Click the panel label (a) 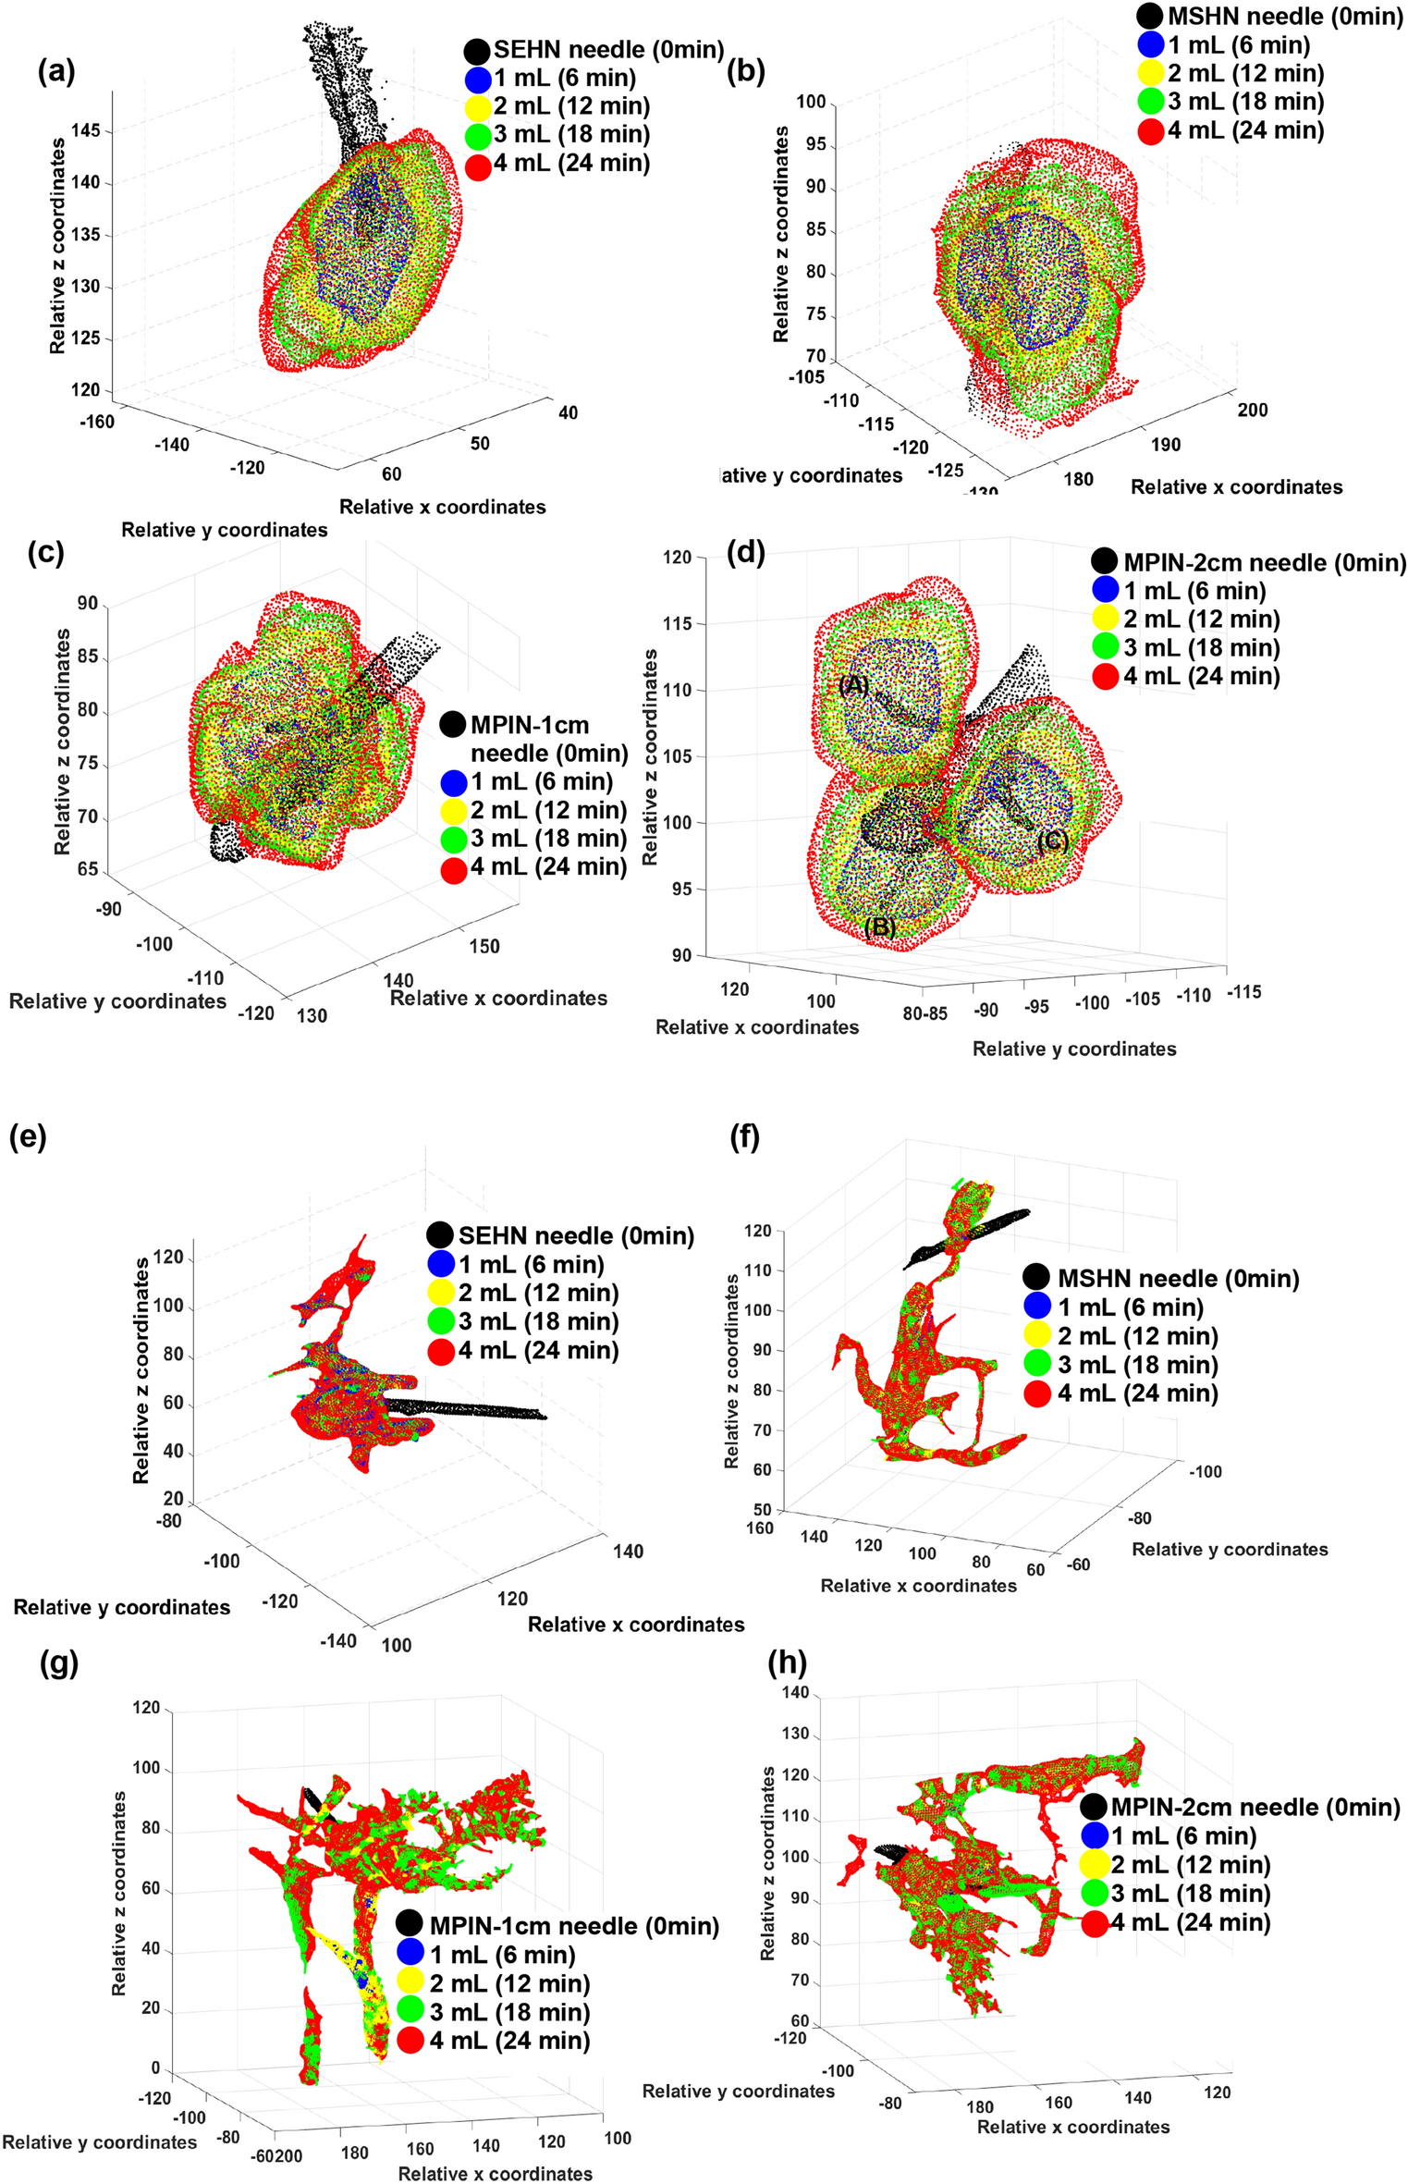click(56, 71)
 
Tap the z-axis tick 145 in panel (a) click(85, 130)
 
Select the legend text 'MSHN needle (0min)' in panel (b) click(1284, 16)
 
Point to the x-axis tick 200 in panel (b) click(1253, 410)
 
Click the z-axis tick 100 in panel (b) click(811, 102)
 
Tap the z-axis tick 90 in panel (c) click(88, 604)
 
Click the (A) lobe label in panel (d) click(853, 684)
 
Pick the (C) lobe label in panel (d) click(1052, 840)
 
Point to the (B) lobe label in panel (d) click(879, 926)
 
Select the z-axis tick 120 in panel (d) click(678, 557)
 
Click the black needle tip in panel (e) click(544, 1417)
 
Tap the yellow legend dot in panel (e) click(441, 1294)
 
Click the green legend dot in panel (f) click(1037, 1365)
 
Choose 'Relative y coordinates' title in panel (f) click(1230, 1549)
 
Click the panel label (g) click(60, 1663)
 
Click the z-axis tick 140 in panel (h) click(795, 1693)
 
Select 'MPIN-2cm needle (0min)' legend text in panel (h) click(1255, 1807)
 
